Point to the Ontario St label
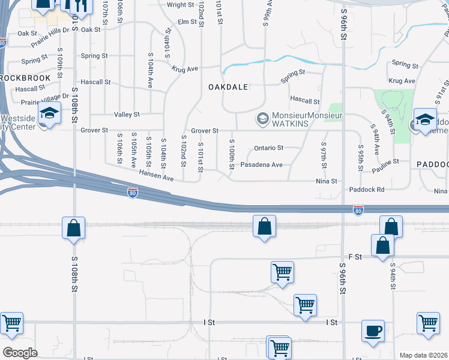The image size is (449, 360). click(x=268, y=148)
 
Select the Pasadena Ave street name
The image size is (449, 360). click(x=261, y=164)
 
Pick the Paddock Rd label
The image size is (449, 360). click(x=366, y=190)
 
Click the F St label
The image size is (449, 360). click(x=356, y=257)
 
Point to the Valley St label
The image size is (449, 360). click(x=127, y=114)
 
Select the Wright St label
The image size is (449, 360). click(x=179, y=5)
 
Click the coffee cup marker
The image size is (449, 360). click(x=373, y=331)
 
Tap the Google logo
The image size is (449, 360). click(x=20, y=353)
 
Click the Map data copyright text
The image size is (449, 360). click(x=424, y=355)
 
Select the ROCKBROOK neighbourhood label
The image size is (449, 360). click(x=20, y=78)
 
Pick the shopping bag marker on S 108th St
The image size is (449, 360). click(x=73, y=228)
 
